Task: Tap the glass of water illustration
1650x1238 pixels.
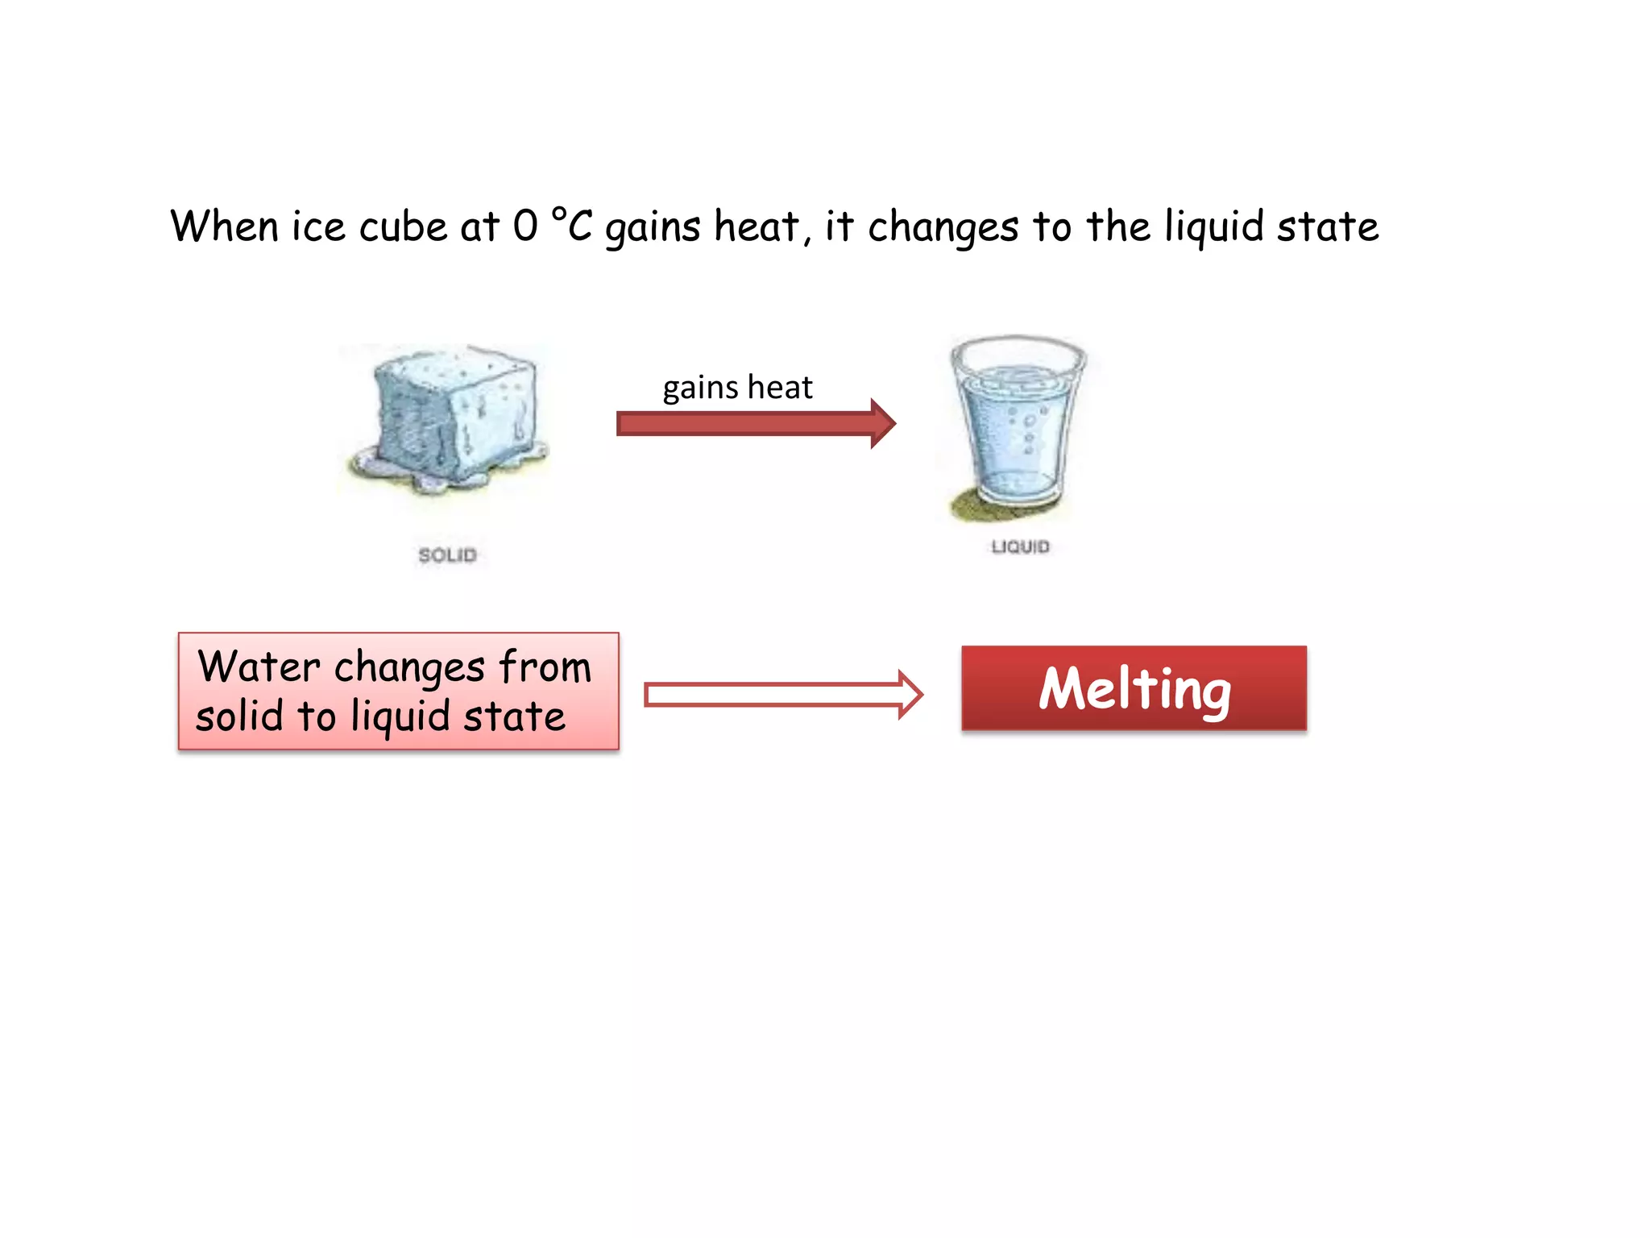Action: pos(1017,423)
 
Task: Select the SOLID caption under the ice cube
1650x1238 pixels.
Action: pos(448,555)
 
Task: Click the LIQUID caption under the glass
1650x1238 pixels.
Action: pos(1020,547)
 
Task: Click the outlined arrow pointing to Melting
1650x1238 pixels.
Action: pos(782,695)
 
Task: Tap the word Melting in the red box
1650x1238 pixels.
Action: pos(1134,689)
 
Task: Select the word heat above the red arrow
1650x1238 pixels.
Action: pos(780,388)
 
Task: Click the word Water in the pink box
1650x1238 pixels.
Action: pos(259,667)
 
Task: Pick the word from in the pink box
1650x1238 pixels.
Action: pos(545,667)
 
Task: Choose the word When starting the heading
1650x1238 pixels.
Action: pos(224,226)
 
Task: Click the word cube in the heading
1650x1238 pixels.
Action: pos(403,226)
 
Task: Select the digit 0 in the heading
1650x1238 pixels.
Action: pos(525,226)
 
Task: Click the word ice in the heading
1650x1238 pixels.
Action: pos(318,226)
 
